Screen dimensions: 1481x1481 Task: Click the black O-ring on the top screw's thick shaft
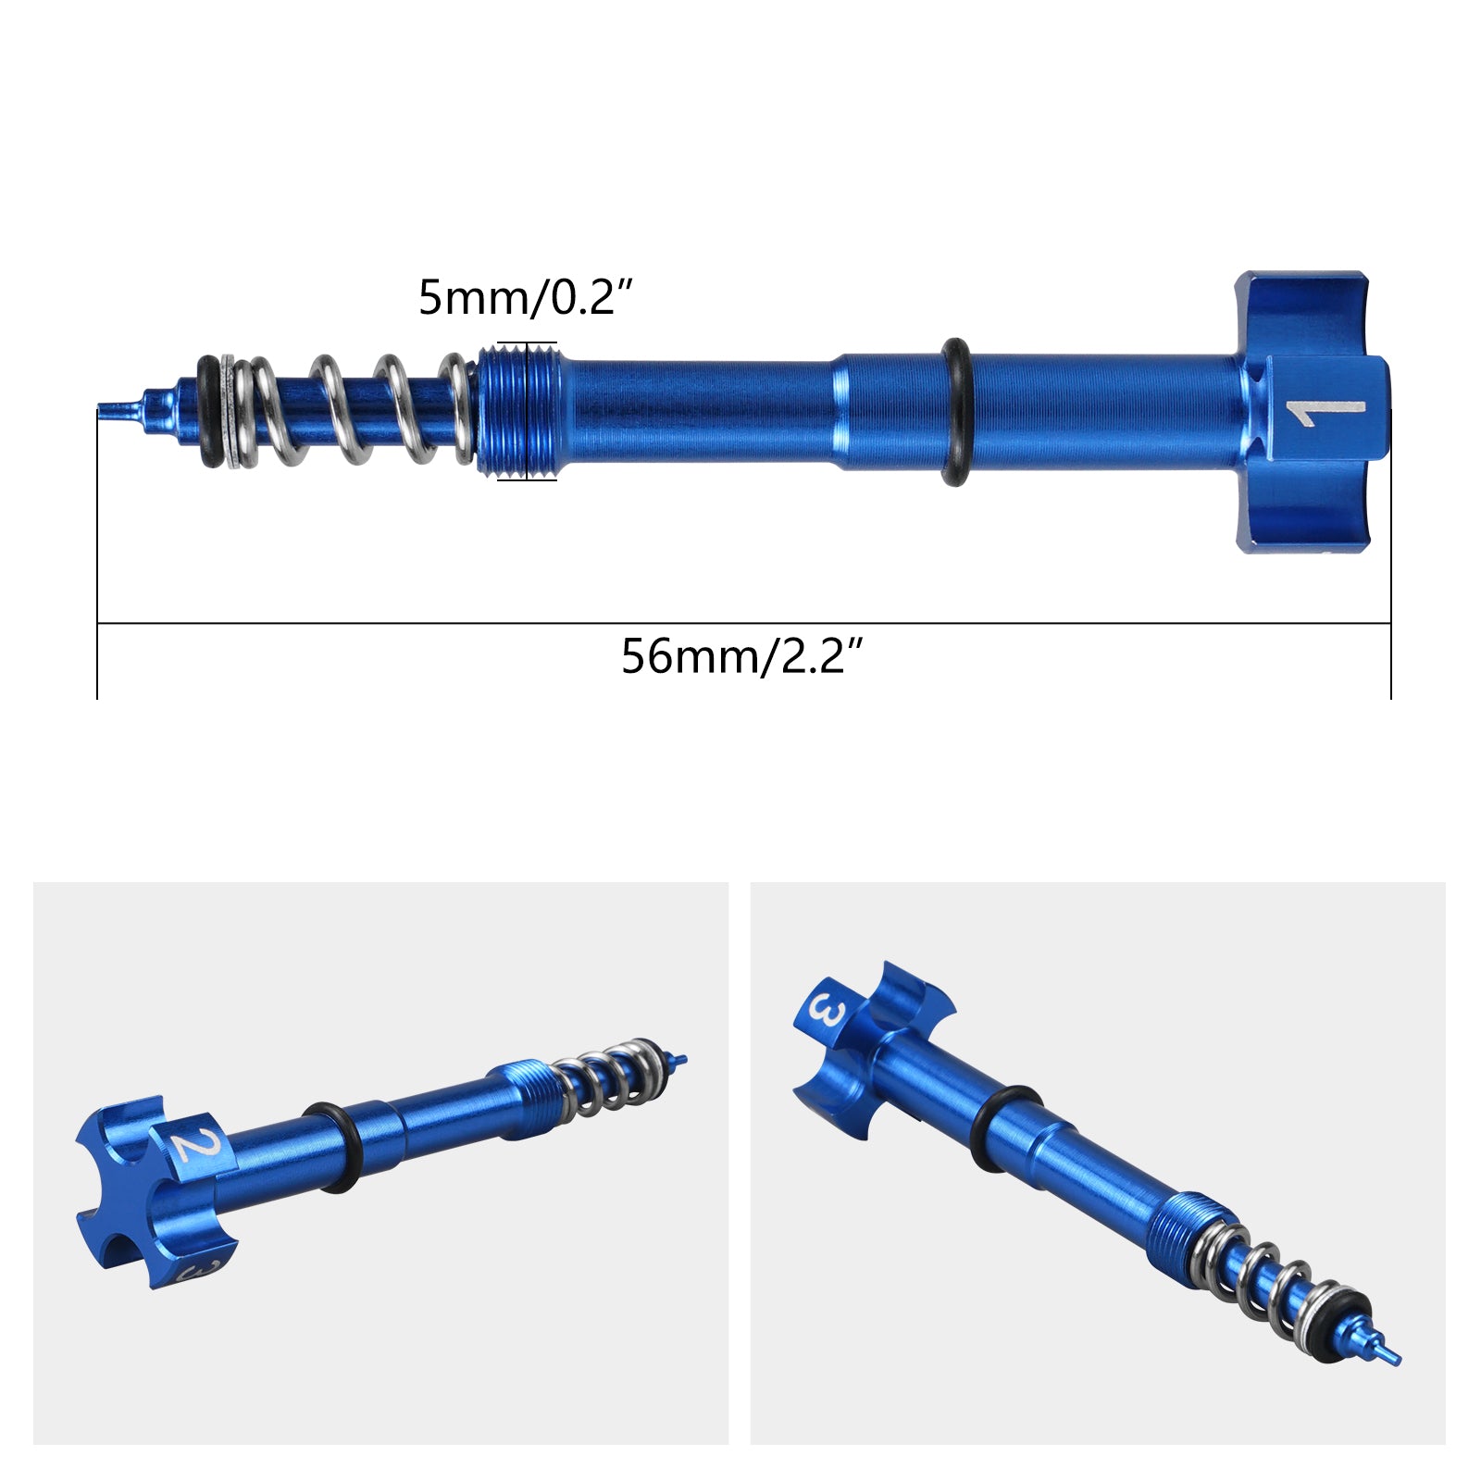(x=955, y=411)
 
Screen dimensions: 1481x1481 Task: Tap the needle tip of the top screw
(x=116, y=406)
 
